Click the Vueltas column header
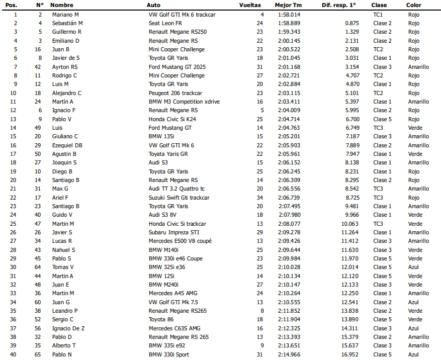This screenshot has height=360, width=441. click(250, 5)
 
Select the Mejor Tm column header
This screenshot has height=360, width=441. click(288, 5)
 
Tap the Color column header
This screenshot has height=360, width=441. click(414, 5)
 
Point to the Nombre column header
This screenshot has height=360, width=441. click(62, 5)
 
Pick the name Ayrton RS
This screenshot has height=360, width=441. click(65, 67)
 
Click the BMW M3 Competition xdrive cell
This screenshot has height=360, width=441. click(184, 102)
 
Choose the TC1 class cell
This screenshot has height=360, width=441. click(378, 15)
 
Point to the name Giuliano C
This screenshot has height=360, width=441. click(65, 136)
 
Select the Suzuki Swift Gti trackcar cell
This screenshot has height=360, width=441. click(179, 198)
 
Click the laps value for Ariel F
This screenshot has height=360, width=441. click(260, 198)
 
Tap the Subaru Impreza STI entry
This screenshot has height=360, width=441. click(174, 232)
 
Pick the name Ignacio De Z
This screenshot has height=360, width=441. click(68, 328)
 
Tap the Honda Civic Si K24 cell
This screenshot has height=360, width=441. click(172, 119)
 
